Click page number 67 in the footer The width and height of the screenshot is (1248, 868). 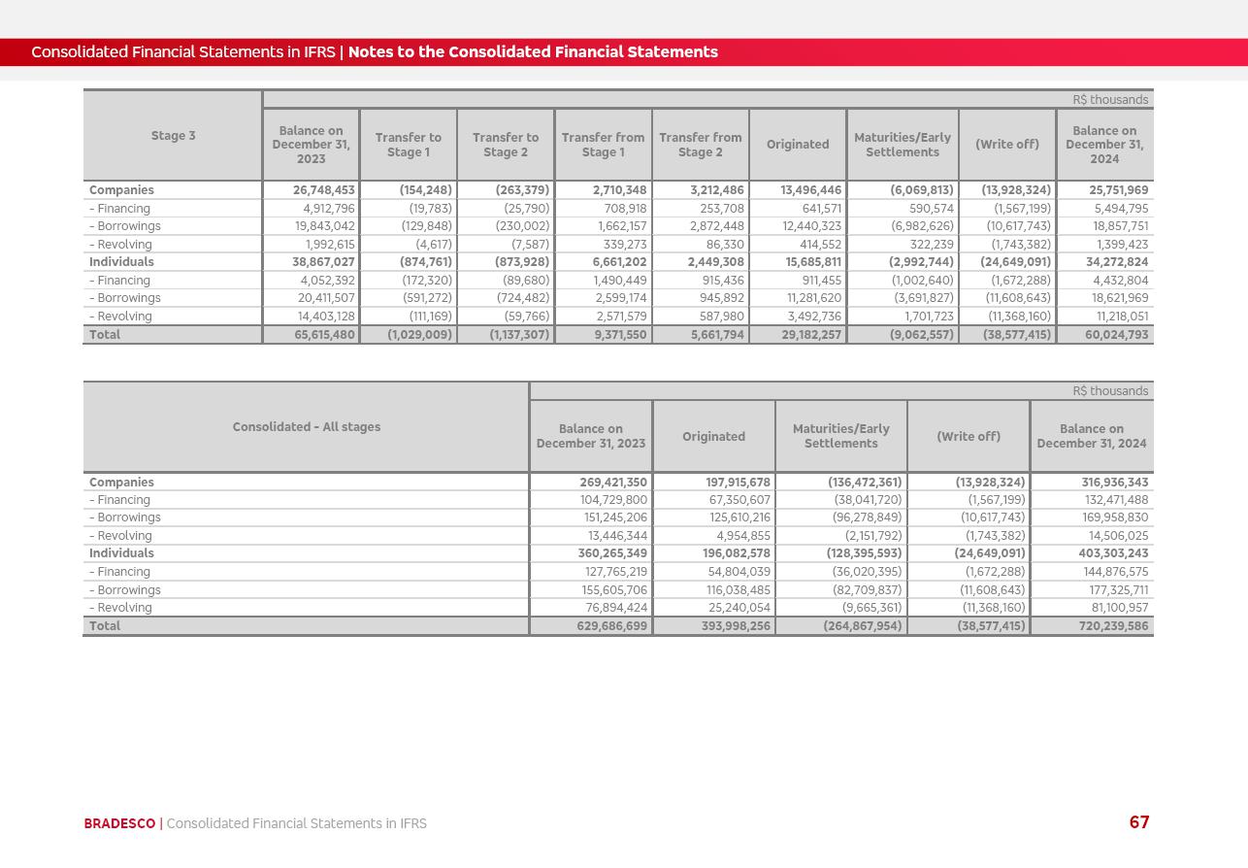pos(1139,822)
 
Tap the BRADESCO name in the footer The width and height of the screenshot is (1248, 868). pos(119,823)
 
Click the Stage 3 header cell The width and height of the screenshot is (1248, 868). pos(173,136)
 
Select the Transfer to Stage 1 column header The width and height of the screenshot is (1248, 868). pos(408,145)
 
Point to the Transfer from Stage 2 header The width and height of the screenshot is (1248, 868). pos(700,145)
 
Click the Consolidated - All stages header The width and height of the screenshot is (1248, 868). pos(306,427)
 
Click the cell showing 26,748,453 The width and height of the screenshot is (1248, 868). pos(324,190)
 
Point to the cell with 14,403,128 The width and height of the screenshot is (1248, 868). pos(326,317)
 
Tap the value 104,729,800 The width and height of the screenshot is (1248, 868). pos(613,500)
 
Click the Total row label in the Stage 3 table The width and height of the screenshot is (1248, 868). pos(105,335)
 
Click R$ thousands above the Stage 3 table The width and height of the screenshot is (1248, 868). pos(1110,100)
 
